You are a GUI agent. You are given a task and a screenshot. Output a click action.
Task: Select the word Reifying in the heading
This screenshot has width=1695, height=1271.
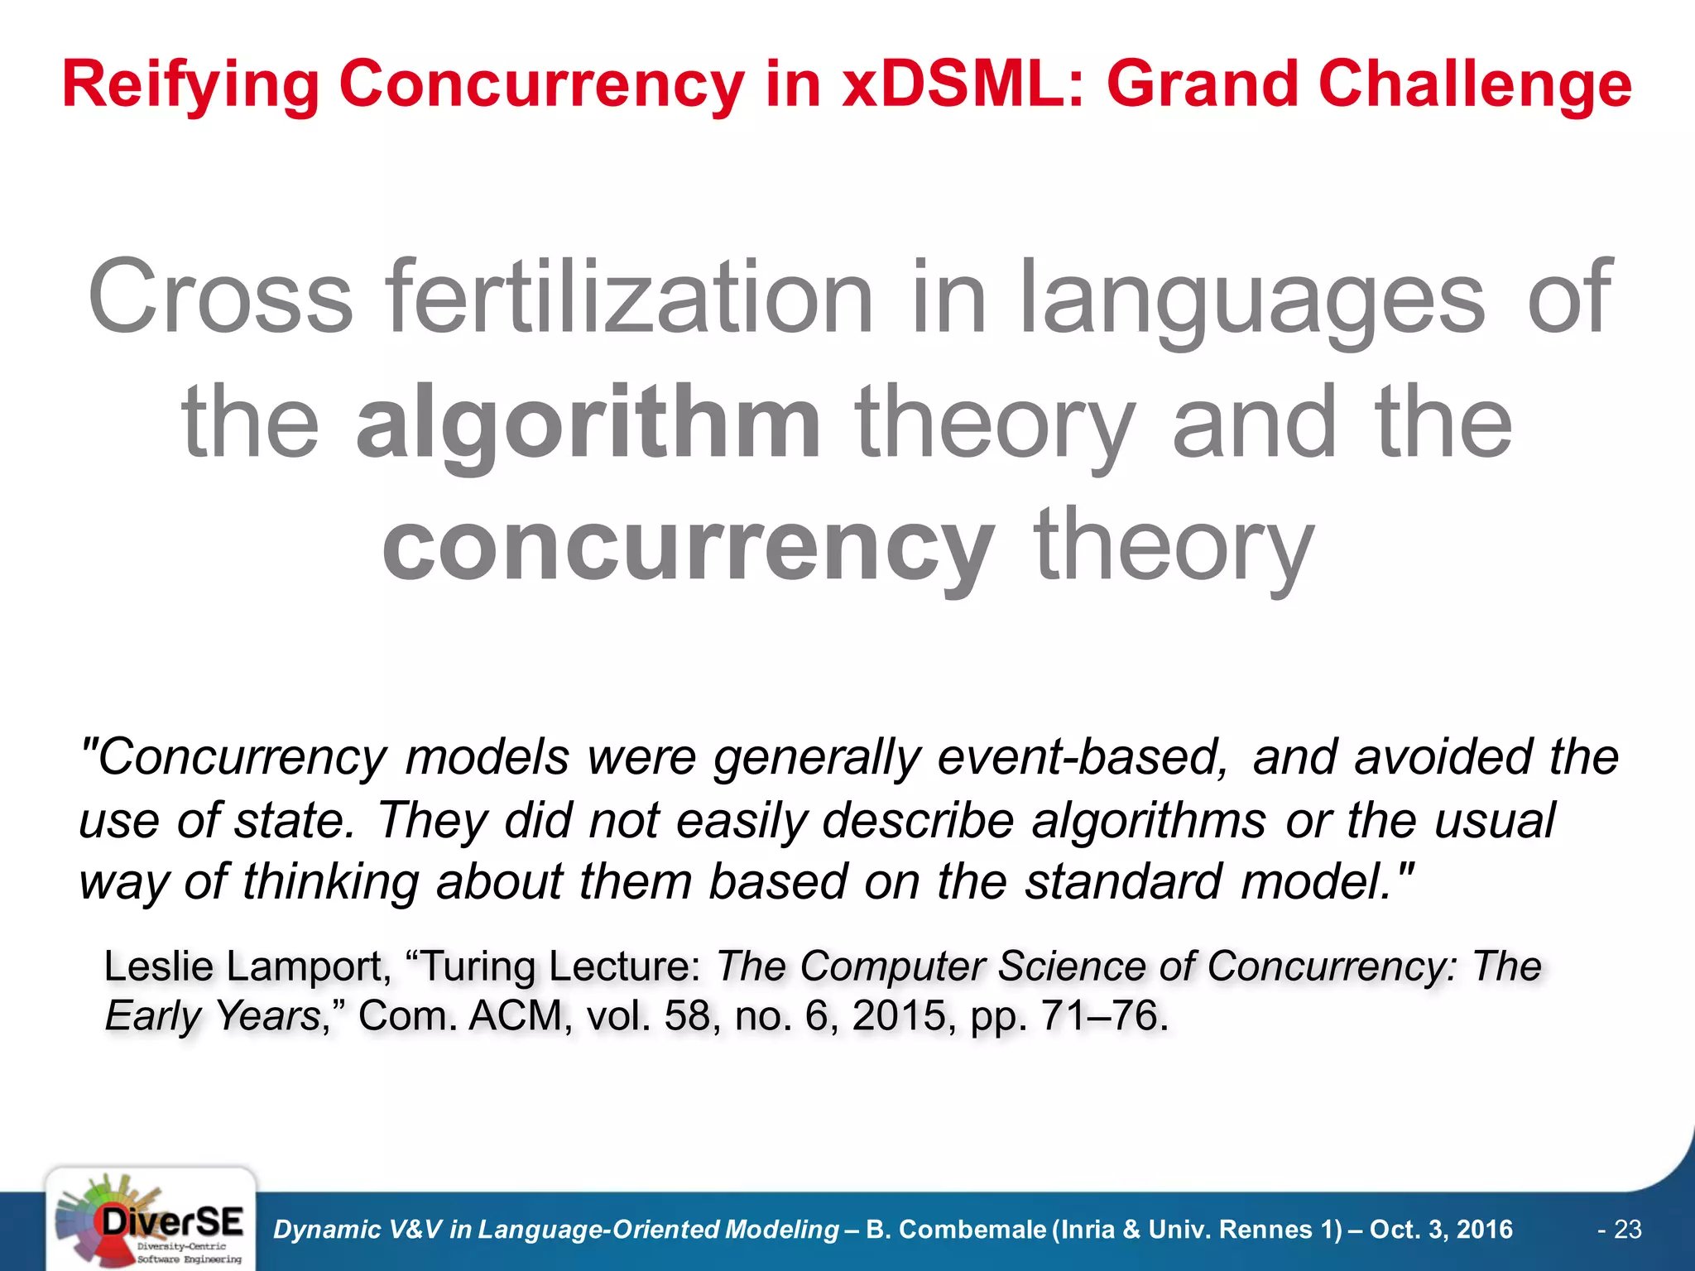click(190, 85)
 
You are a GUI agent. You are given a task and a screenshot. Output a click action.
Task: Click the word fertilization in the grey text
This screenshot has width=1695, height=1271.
click(631, 298)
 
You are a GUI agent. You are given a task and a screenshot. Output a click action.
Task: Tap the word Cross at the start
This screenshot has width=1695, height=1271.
click(220, 298)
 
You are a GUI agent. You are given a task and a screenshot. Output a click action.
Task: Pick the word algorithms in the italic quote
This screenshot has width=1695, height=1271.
click(1148, 821)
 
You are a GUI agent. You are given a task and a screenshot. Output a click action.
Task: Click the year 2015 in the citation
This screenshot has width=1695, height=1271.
click(899, 1015)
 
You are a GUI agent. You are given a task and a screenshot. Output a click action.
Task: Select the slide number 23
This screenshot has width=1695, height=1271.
click(1627, 1230)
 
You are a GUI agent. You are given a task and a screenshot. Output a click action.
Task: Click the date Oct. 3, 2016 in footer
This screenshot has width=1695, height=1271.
click(1440, 1230)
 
